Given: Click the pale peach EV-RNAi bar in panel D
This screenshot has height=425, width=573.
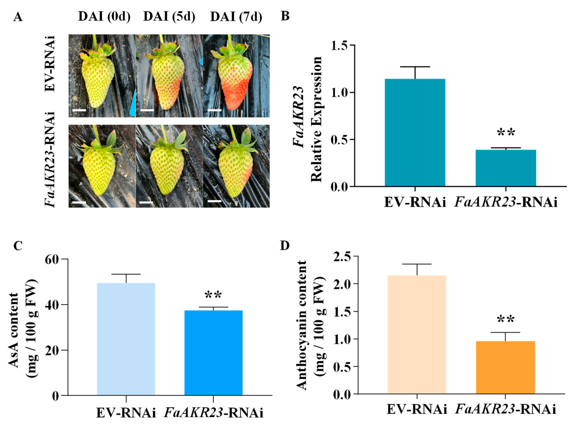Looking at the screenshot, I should [x=417, y=334].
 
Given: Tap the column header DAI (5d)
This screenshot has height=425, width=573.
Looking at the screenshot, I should [x=169, y=17].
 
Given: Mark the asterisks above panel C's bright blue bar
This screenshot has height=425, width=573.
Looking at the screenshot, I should [x=213, y=295].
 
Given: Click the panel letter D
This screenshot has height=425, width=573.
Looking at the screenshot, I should [x=285, y=246].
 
